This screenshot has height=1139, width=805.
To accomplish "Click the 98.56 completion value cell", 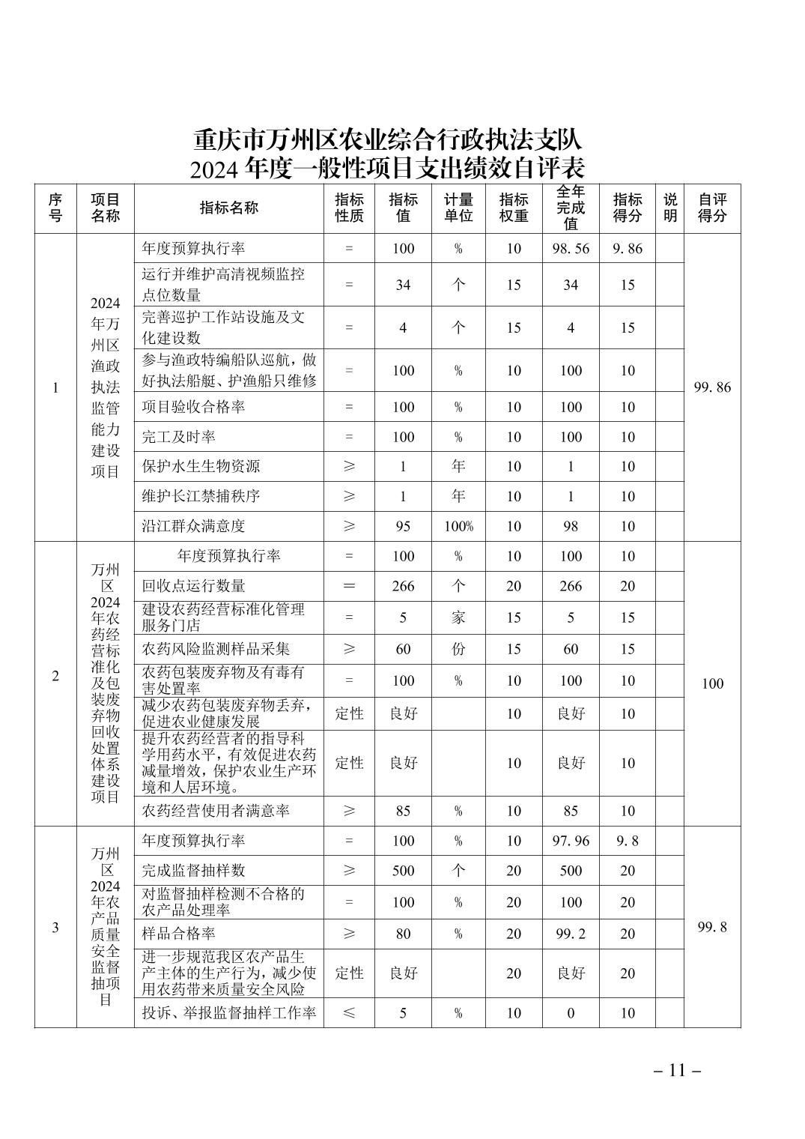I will tap(571, 248).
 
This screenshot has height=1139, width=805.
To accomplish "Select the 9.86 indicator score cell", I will tap(627, 248).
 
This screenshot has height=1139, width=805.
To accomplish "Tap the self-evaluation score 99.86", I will tap(712, 387).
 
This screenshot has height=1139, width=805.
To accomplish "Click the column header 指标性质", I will tap(349, 208).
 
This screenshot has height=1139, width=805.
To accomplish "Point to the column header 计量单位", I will tap(458, 208).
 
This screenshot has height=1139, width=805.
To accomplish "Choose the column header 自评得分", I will tap(712, 208).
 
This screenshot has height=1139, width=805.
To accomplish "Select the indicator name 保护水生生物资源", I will tap(201, 466).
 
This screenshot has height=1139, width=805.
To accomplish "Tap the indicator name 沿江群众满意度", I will tap(193, 526).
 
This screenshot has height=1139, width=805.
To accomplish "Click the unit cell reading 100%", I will tap(458, 526).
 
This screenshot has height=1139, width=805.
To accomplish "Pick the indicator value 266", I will tap(403, 586).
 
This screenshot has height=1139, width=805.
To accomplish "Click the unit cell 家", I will tap(458, 617).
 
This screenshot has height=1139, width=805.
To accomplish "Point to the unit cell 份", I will tap(458, 649).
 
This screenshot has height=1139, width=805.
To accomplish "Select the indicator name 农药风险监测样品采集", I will tap(216, 649).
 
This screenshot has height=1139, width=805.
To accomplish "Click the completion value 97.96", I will tap(571, 841).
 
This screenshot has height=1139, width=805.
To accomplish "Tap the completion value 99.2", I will tap(571, 934).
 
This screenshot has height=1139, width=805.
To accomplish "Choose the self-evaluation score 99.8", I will tap(712, 927).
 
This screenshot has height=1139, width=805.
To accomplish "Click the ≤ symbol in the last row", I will tap(349, 1013).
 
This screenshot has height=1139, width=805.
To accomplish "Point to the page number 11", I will tap(677, 1070).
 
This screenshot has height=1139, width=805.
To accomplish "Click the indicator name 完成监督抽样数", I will tap(193, 871).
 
